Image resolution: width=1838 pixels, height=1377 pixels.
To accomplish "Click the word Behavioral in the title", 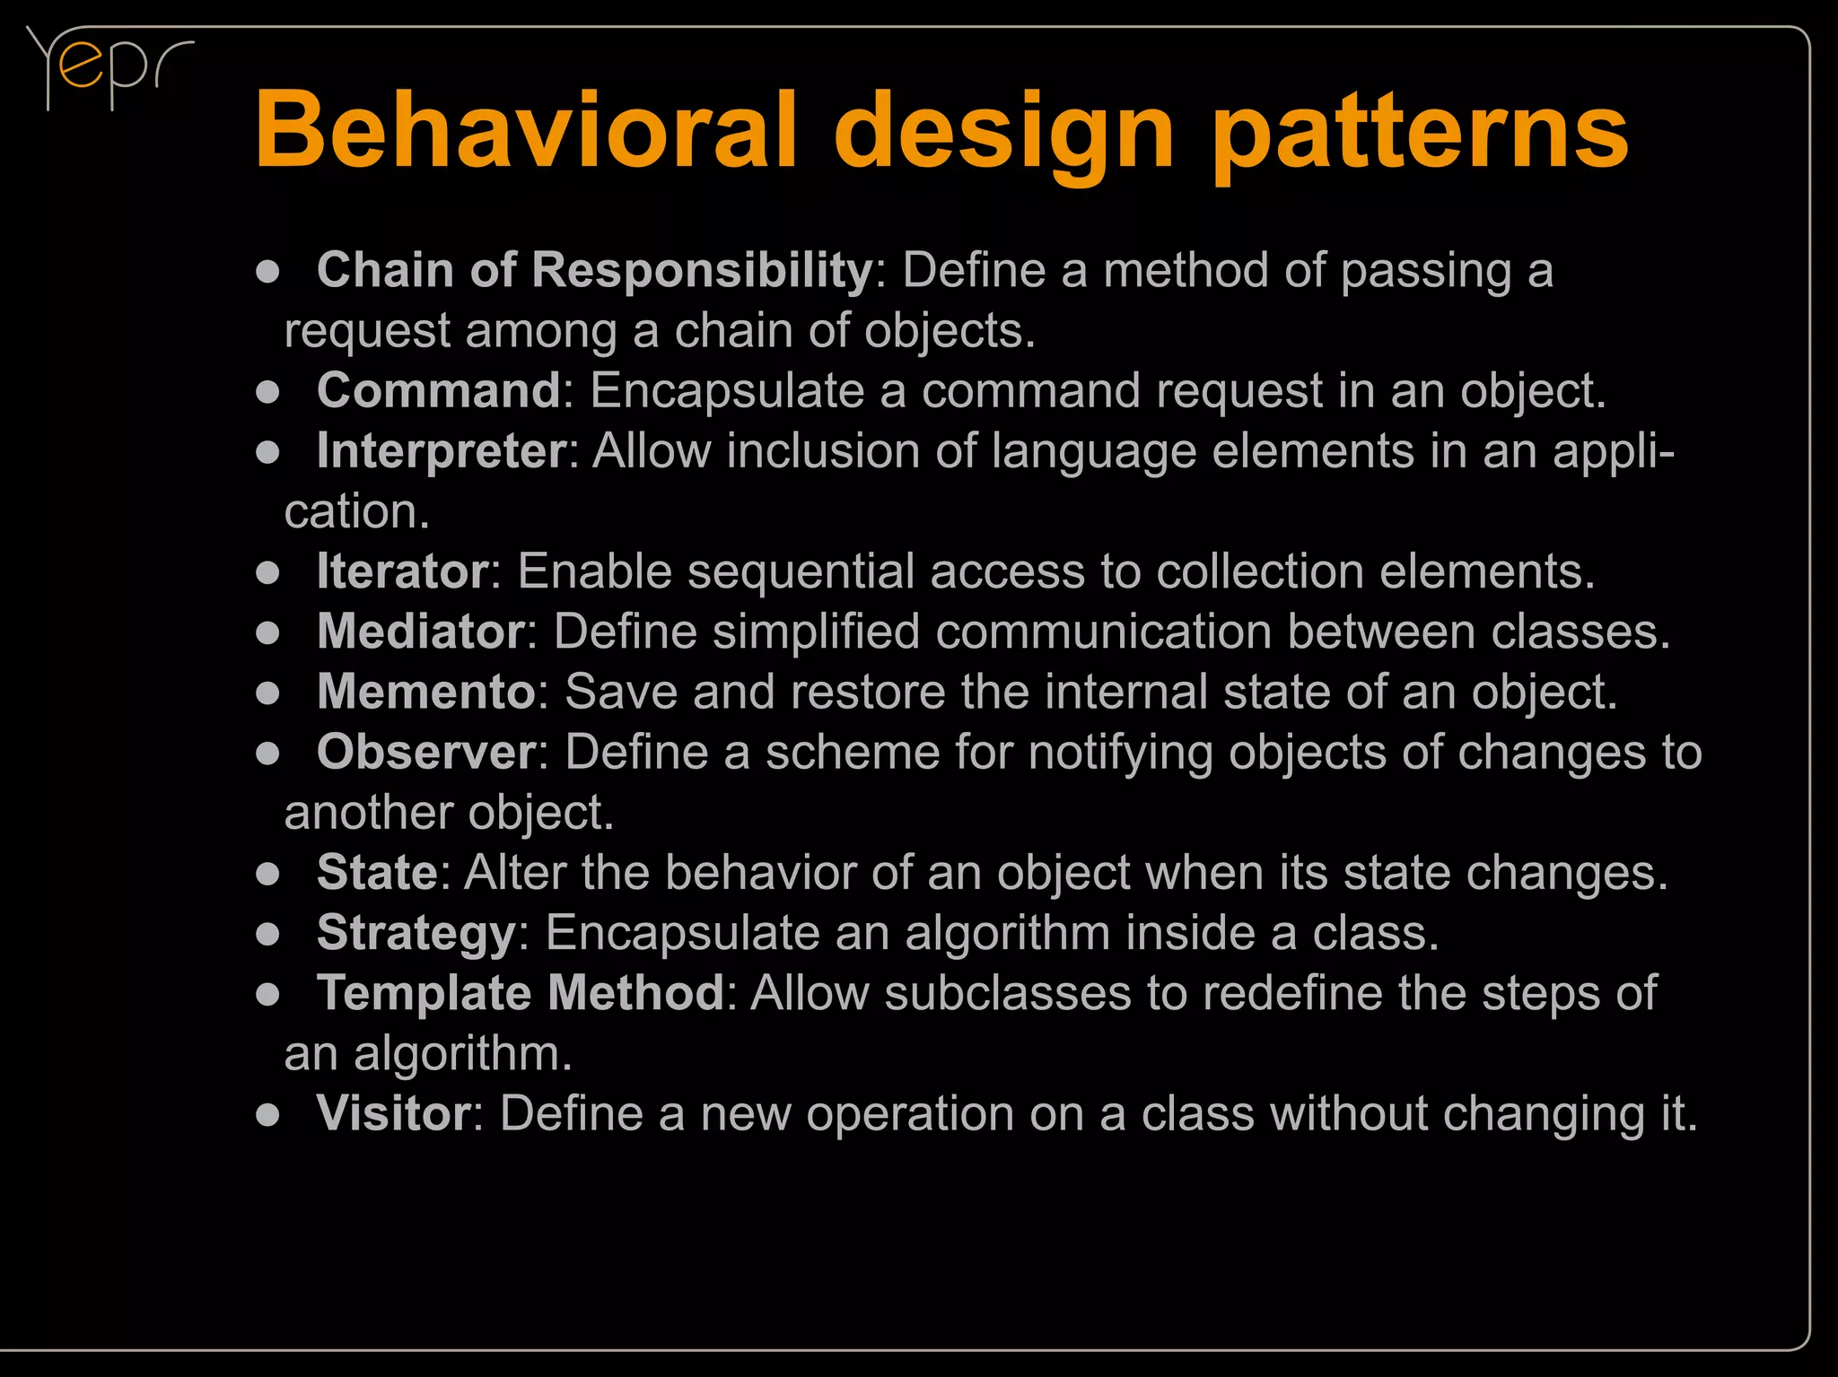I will click(526, 131).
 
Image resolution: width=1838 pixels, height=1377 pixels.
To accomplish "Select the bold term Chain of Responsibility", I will click(594, 270).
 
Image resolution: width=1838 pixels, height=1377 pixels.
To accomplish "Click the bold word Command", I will click(439, 391).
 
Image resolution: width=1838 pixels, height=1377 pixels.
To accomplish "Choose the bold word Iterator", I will click(403, 571).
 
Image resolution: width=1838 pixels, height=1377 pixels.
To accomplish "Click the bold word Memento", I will click(426, 692).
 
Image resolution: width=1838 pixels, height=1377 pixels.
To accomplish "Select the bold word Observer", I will click(426, 752).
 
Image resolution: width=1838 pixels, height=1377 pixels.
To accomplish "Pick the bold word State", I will click(377, 872).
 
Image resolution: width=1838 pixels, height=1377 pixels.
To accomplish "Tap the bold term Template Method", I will click(521, 993).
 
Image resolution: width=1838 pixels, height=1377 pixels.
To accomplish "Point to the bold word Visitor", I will click(394, 1113).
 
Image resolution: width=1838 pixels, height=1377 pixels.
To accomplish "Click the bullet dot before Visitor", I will click(267, 1115).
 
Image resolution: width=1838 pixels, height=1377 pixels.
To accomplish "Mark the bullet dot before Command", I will click(267, 392).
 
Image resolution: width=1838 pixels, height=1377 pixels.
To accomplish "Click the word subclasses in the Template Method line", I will click(1007, 993).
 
